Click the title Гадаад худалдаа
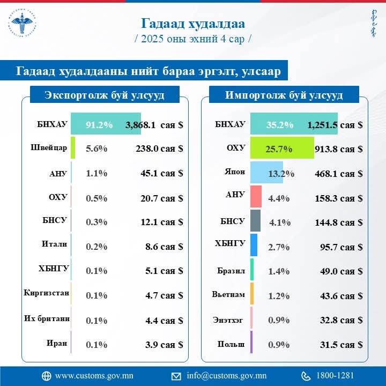tap(193, 24)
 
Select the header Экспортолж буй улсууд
tap(105, 95)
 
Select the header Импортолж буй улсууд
tap(284, 95)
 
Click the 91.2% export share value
tap(99, 125)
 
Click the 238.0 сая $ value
tap(159, 149)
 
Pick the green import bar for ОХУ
tap(281, 149)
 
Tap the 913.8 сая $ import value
tap(338, 149)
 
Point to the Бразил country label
tap(232, 270)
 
